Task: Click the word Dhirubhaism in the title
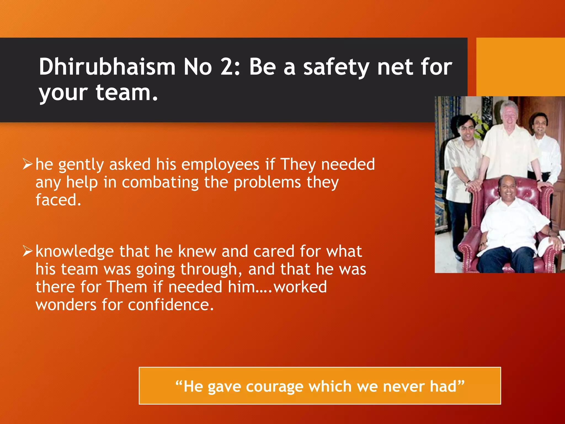coord(107,67)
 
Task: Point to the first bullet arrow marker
coord(28,164)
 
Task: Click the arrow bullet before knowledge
coord(28,251)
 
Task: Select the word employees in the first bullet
coord(220,165)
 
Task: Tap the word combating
coord(160,182)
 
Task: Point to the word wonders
coord(66,305)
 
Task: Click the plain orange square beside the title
coord(520,67)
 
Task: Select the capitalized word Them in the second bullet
coord(127,287)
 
